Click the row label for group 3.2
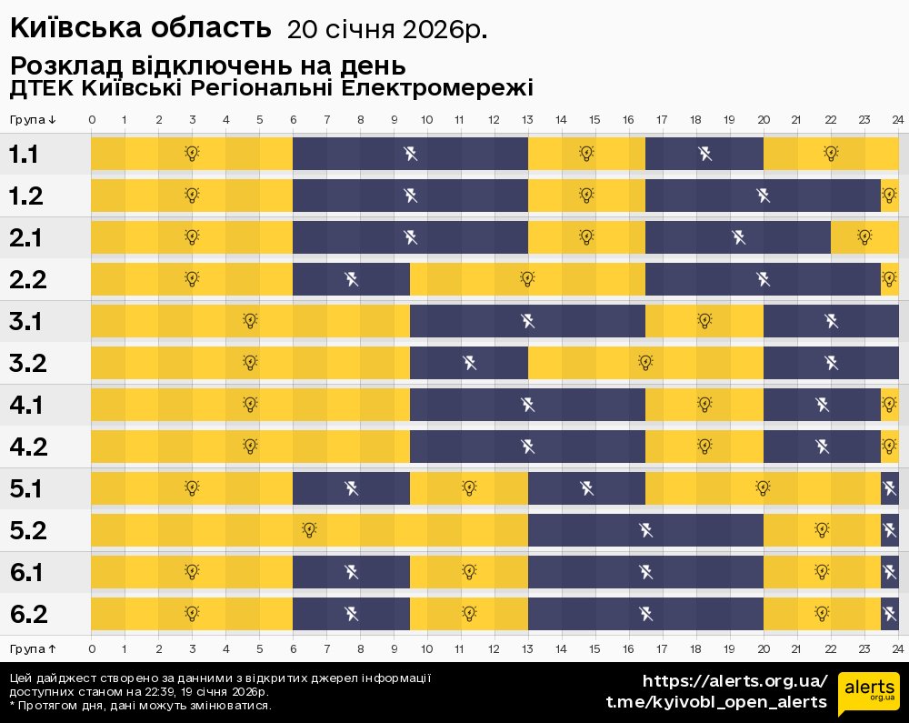28,364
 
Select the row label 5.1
28,489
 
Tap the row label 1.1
25,155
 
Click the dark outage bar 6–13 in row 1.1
410,153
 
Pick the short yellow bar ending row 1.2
889,195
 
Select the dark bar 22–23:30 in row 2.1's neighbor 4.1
822,405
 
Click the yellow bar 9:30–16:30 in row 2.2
527,278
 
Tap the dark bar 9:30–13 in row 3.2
469,363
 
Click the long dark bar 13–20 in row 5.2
645,530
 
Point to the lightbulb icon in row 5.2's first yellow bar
310,529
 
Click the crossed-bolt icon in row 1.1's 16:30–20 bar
705,153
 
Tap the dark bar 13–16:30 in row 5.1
586,488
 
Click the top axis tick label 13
528,120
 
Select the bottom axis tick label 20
764,648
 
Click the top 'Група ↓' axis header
34,120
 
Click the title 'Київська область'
141,28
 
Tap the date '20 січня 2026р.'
387,30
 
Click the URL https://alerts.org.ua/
734,681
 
